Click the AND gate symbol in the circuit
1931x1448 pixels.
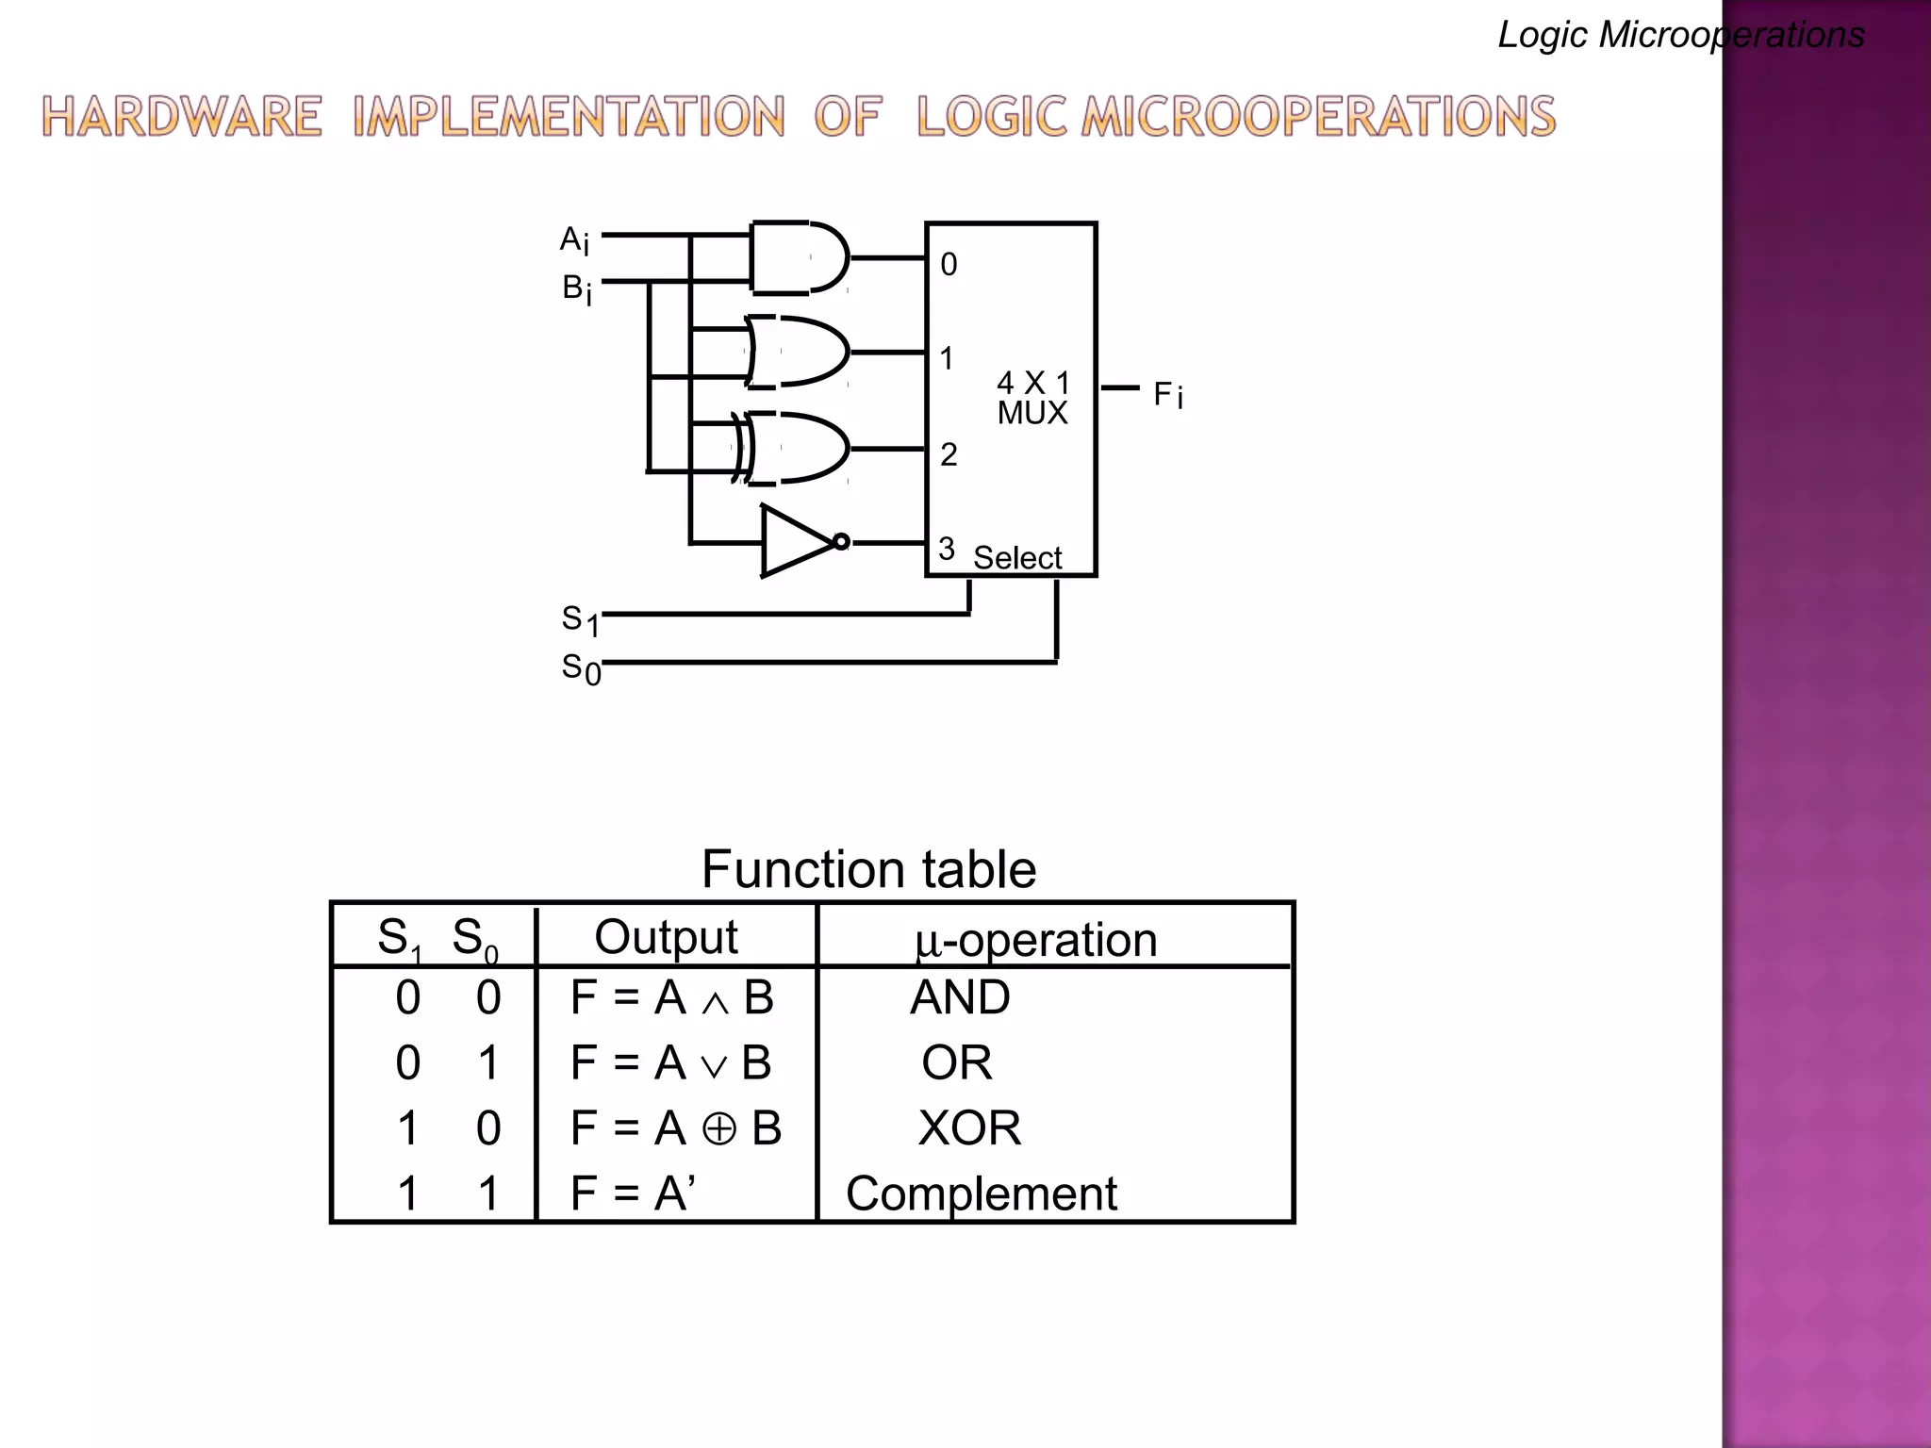(798, 257)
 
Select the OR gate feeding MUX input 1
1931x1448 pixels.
(798, 352)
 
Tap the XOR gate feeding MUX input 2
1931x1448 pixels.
(798, 448)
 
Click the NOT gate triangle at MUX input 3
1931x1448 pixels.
(794, 541)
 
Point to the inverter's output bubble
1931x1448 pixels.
(841, 541)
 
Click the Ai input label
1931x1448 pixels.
(574, 240)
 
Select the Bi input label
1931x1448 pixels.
(576, 288)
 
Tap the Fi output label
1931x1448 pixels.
(1167, 394)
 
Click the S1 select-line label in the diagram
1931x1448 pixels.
(580, 620)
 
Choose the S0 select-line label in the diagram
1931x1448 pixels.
(580, 669)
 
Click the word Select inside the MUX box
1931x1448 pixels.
(1016, 558)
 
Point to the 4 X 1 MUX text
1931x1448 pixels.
(1032, 397)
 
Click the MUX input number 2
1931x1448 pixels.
(949, 454)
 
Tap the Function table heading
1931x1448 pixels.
(867, 868)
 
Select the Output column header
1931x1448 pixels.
(666, 937)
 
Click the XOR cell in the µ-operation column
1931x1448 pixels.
(969, 1127)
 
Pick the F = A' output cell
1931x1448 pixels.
(633, 1193)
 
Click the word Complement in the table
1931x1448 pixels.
(981, 1193)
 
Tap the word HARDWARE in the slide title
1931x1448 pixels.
(181, 118)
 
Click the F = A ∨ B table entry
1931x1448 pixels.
(670, 1063)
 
